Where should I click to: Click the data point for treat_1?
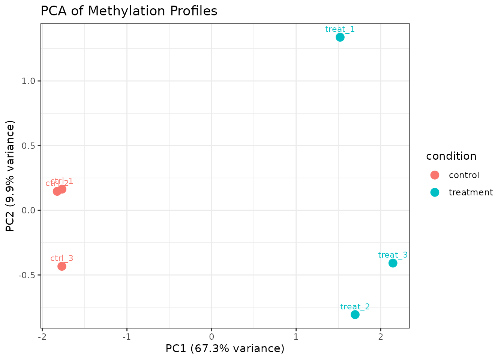coord(340,37)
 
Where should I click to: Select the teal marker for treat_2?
coord(355,315)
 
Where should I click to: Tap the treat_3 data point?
coord(393,263)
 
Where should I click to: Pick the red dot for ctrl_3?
coord(62,266)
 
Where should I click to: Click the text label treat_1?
coord(340,29)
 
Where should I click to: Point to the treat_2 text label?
coord(355,307)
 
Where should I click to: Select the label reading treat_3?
coord(393,255)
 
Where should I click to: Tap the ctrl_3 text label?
coord(62,258)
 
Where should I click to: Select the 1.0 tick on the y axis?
coord(28,81)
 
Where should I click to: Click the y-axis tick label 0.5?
coord(28,145)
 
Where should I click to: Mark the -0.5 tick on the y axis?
coord(27,275)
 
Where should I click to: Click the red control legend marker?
coord(435,175)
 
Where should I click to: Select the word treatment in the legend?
coord(471,192)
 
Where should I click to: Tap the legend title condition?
coord(451,156)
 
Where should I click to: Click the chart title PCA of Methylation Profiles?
coord(129,11)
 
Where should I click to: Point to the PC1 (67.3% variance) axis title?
coord(225,349)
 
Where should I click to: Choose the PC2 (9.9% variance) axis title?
coord(10,176)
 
